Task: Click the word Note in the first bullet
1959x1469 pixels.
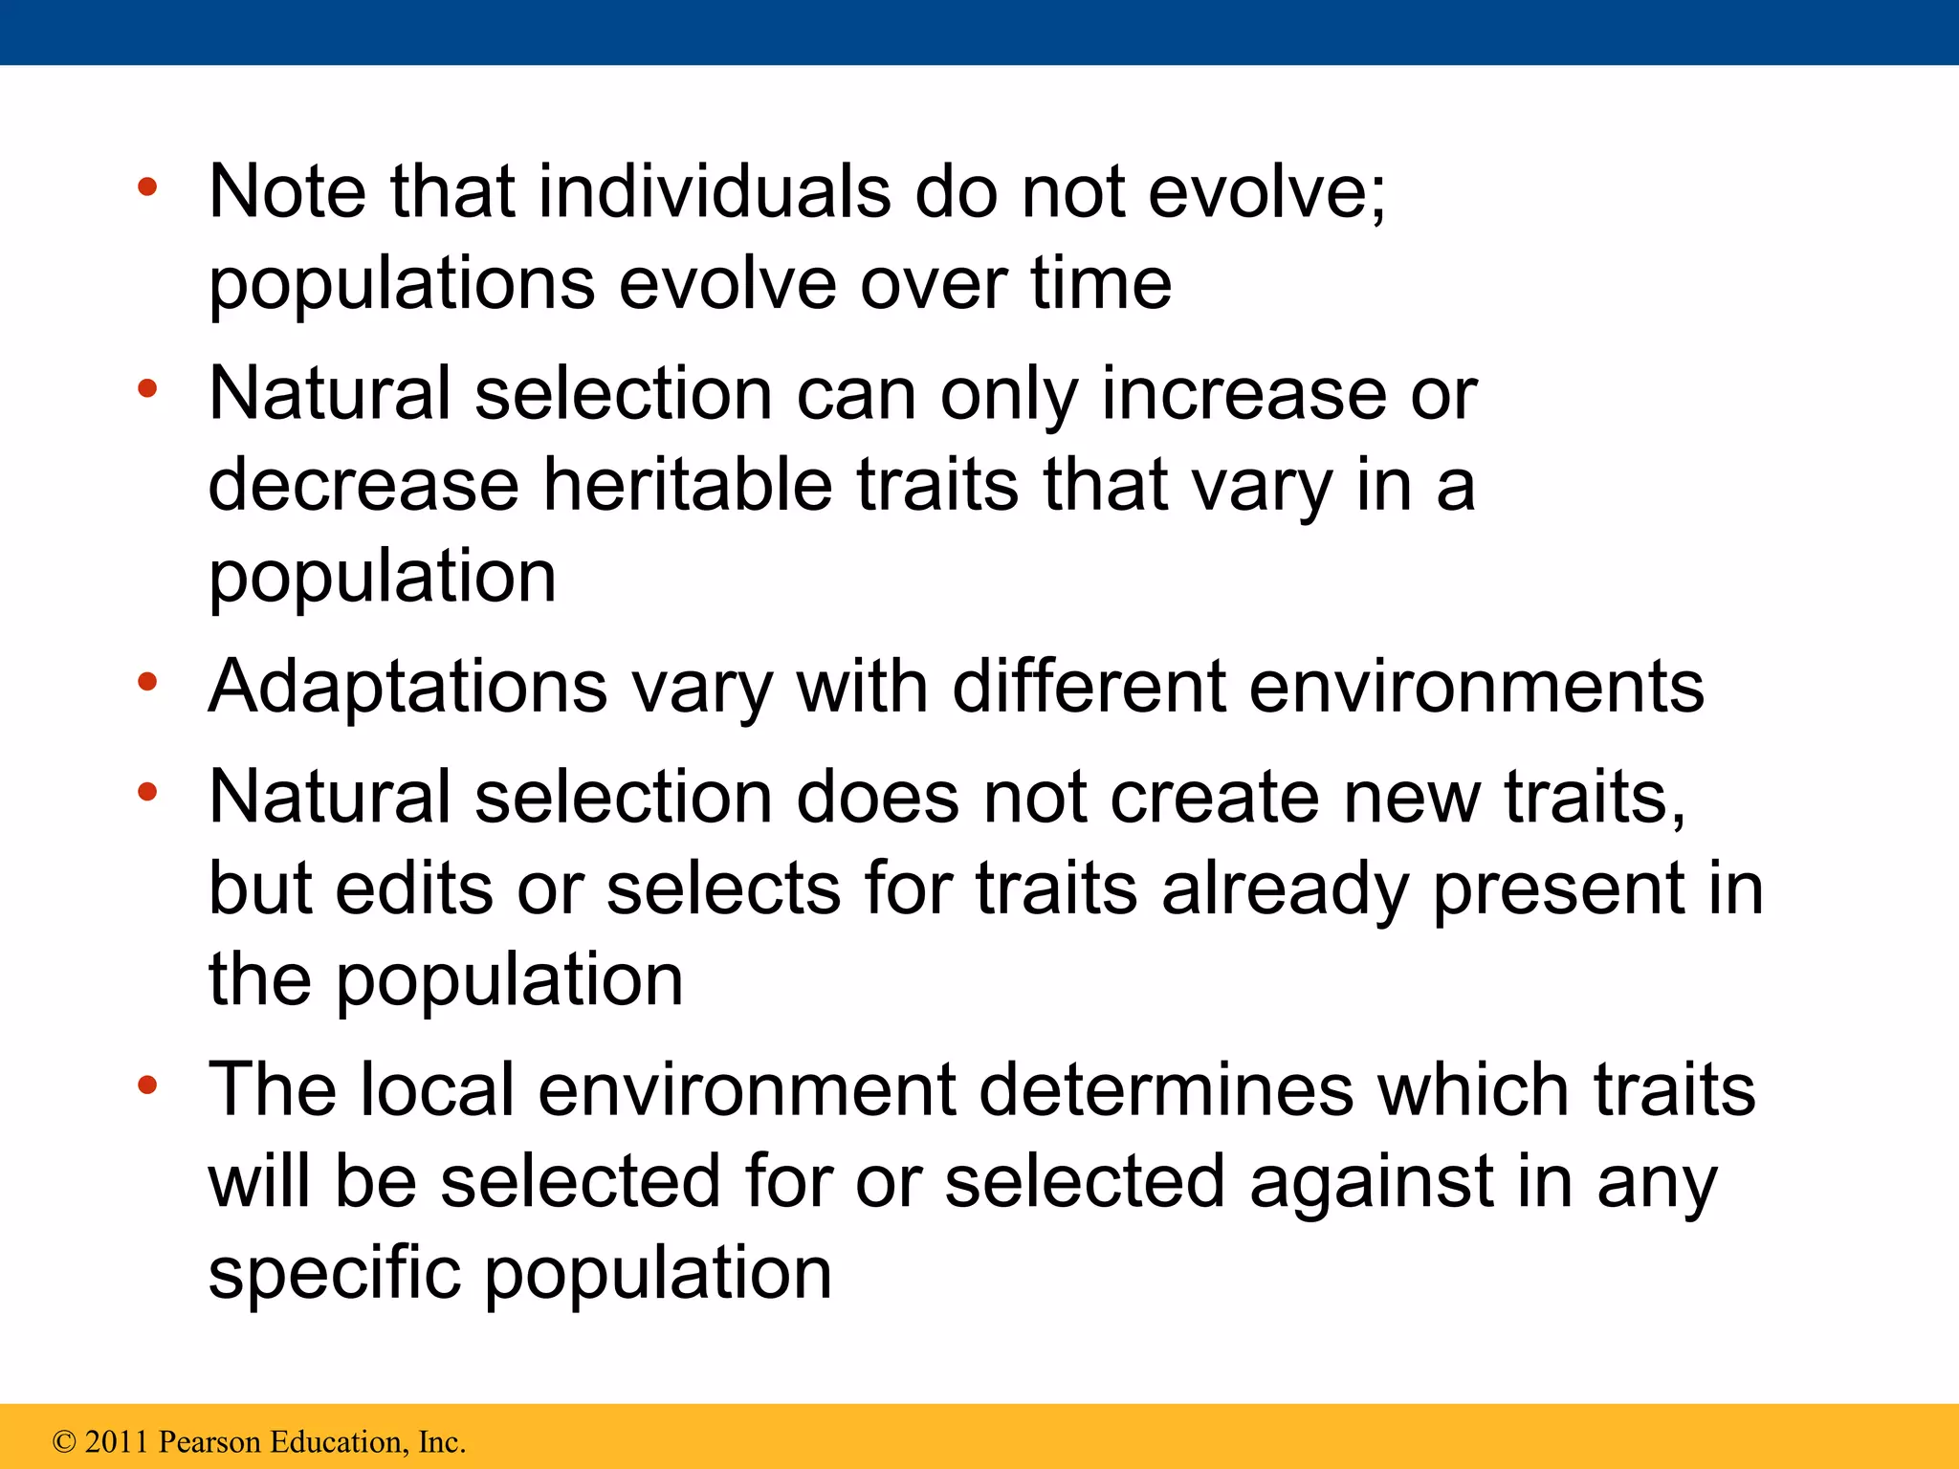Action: [x=287, y=192]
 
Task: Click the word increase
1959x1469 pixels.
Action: [x=1244, y=394]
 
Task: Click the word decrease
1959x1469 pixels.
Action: [x=363, y=485]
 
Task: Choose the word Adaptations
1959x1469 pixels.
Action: [x=407, y=689]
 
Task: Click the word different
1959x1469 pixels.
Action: [x=1089, y=687]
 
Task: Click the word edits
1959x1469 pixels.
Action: [x=414, y=889]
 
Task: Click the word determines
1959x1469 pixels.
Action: [x=1166, y=1090]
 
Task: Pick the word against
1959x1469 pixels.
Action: [x=1371, y=1183]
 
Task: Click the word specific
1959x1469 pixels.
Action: [x=335, y=1274]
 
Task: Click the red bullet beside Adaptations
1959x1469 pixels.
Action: [x=146, y=683]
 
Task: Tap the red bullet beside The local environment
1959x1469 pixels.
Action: [x=146, y=1085]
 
